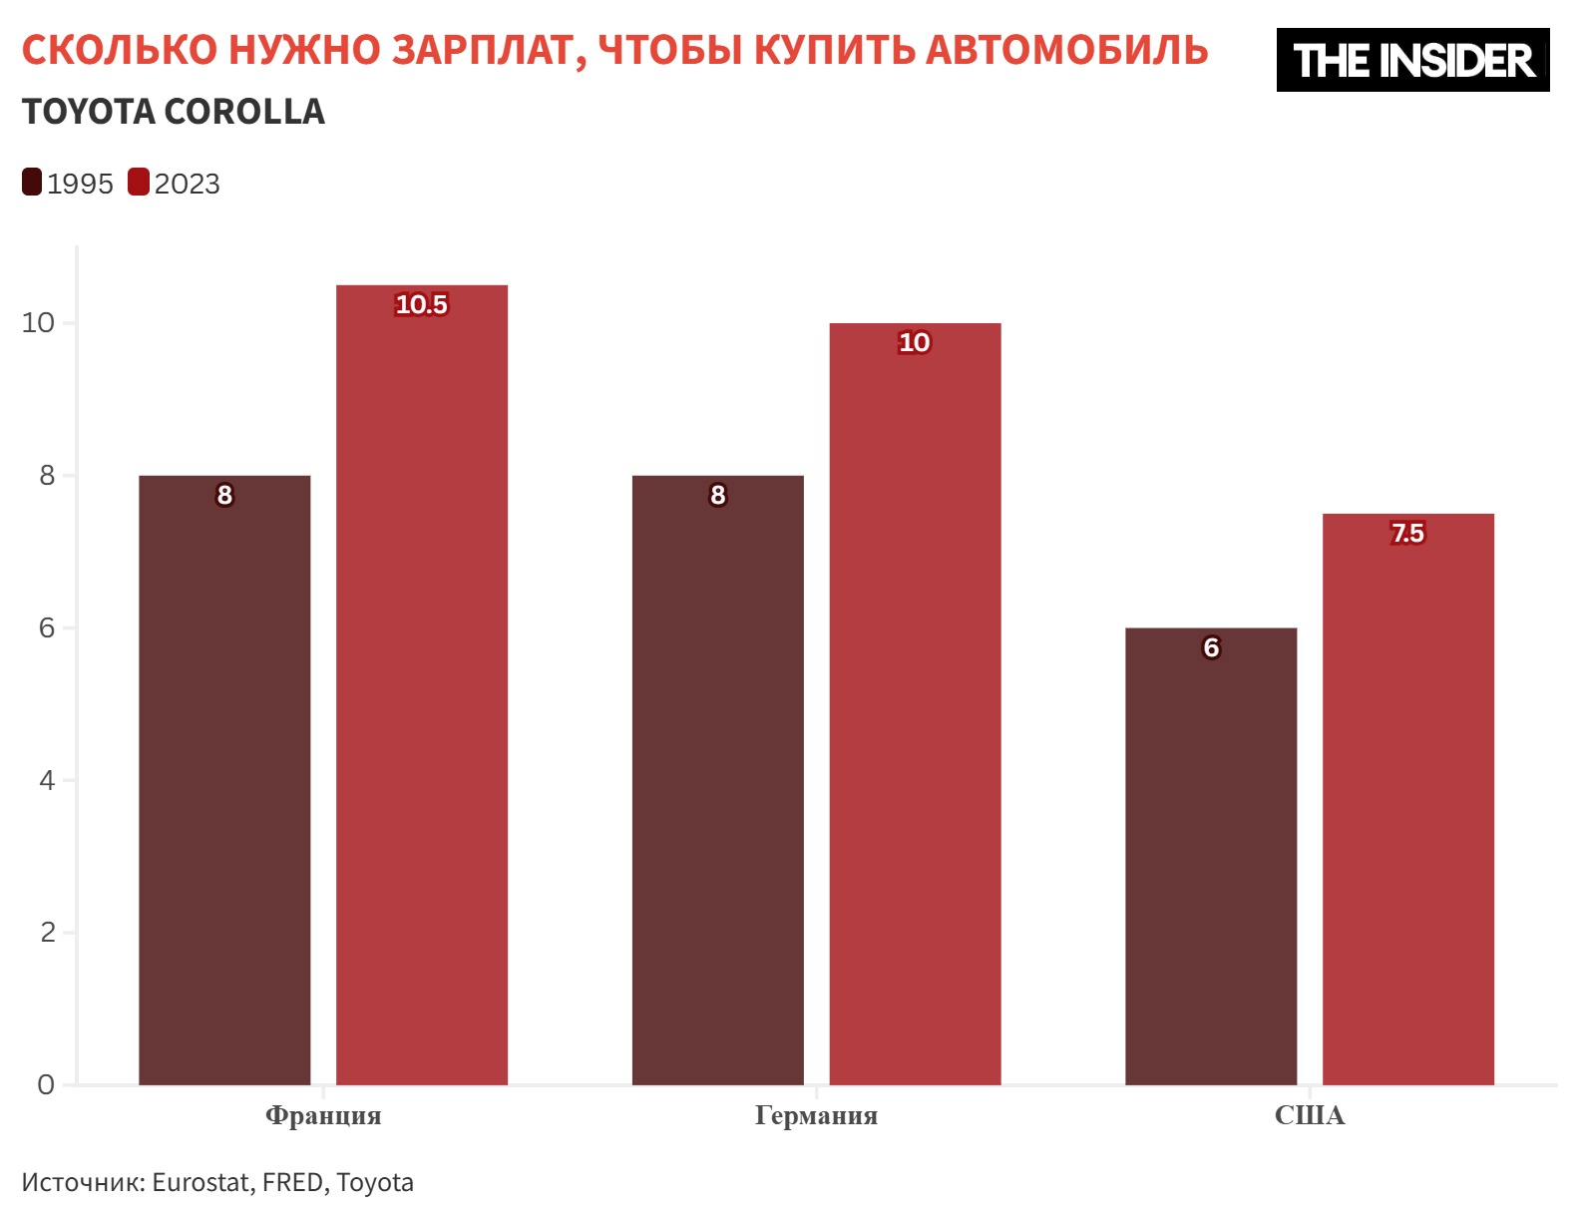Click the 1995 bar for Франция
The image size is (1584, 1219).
[224, 778]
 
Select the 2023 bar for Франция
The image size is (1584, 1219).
[421, 688]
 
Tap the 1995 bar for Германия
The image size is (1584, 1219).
[717, 778]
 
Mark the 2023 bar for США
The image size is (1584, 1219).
[1407, 798]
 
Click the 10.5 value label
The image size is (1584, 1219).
[421, 304]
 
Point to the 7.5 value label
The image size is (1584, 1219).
[1407, 534]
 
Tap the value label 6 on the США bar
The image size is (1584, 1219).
[1211, 648]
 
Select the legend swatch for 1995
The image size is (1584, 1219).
[32, 183]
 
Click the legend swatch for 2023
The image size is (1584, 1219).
[139, 183]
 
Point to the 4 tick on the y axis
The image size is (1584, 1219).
[47, 780]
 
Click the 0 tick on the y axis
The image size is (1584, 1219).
[46, 1084]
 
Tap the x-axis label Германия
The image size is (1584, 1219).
[816, 1115]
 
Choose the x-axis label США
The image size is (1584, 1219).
[1309, 1115]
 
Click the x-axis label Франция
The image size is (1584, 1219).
[323, 1115]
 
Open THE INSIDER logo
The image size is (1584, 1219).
[1412, 60]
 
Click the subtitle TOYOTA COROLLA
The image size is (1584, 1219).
[174, 112]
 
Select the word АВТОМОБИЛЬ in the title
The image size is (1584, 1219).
[1066, 50]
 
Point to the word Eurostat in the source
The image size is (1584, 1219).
[200, 1182]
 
